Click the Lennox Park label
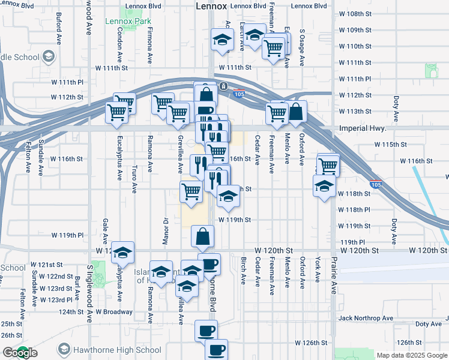tap(128, 21)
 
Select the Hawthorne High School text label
tap(118, 350)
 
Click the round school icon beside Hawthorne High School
tap(64, 350)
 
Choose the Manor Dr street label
tap(166, 227)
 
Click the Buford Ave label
tap(59, 28)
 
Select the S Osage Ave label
tap(303, 47)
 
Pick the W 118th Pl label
tap(354, 210)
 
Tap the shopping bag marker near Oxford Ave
tap(296, 111)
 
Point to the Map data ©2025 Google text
tap(412, 355)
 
